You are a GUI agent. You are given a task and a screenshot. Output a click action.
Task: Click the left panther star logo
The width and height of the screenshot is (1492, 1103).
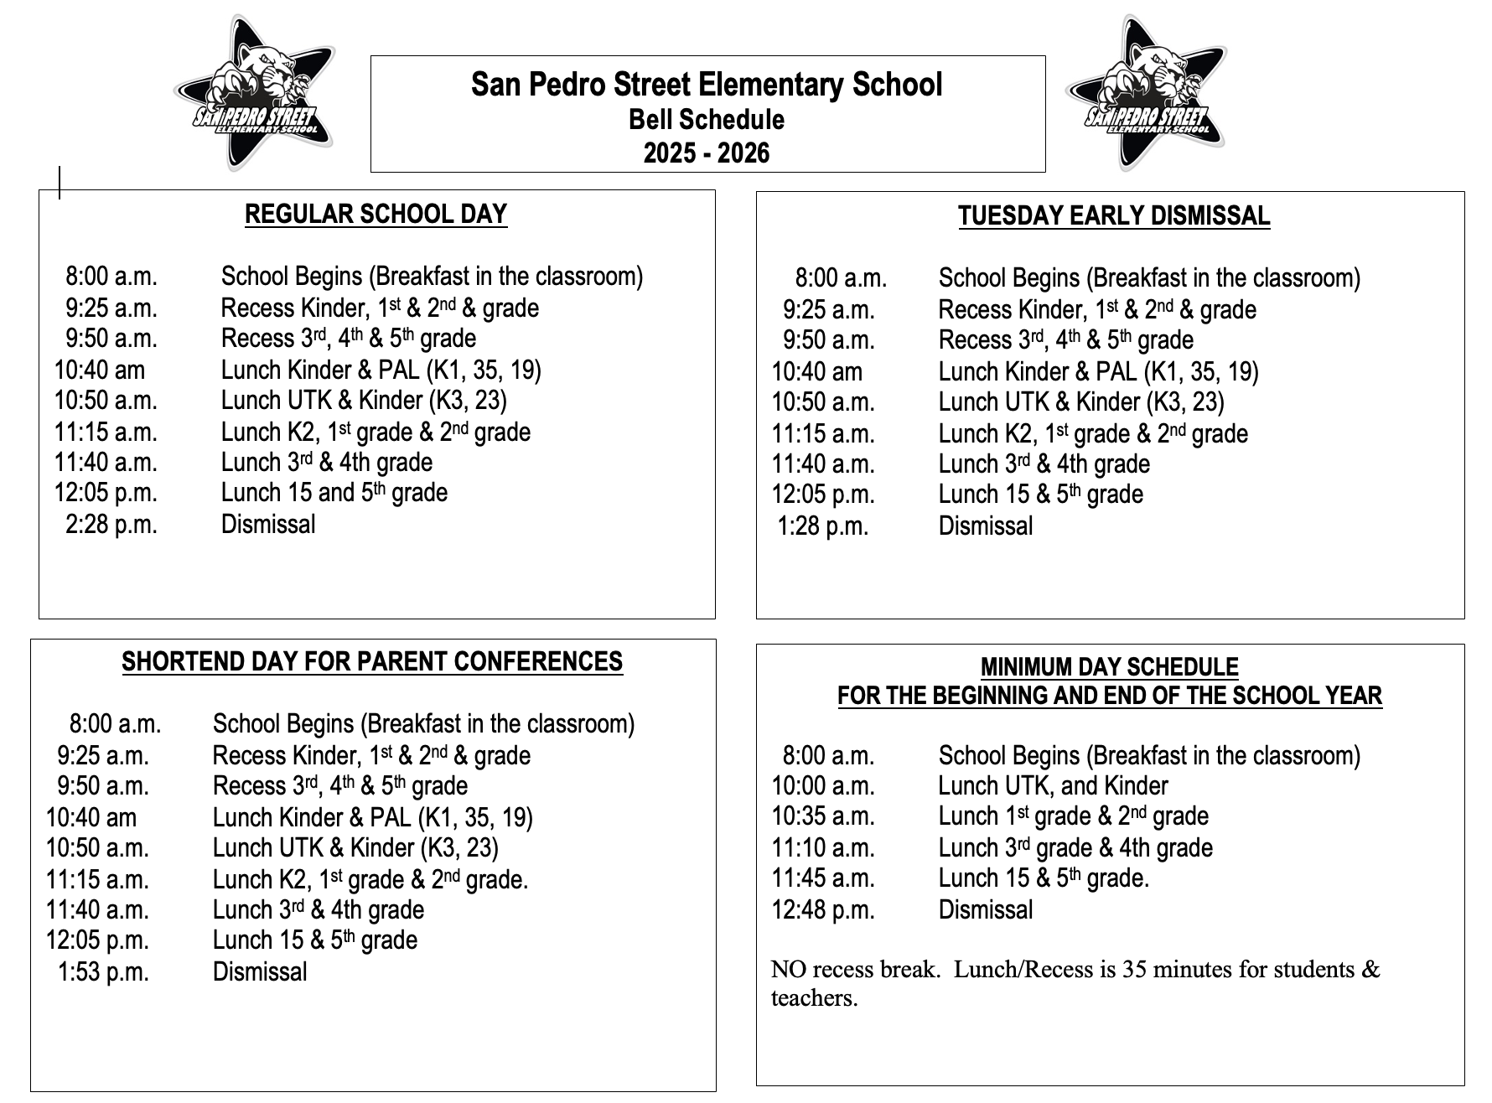[x=254, y=92]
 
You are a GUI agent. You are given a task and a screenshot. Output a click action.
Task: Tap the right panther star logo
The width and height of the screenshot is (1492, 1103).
[x=1146, y=92]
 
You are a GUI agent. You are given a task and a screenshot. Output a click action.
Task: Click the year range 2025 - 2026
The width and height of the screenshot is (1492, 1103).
[x=707, y=153]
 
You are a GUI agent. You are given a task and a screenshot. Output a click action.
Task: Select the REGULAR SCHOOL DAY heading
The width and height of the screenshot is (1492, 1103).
[x=376, y=214]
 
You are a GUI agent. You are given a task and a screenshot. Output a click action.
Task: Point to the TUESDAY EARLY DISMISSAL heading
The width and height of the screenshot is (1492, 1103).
[x=1114, y=215]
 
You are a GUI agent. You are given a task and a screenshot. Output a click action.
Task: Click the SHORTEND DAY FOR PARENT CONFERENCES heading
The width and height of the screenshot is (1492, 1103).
[x=372, y=661]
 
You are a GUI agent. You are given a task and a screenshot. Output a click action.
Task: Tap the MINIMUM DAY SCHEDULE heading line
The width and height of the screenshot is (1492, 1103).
[x=1109, y=667]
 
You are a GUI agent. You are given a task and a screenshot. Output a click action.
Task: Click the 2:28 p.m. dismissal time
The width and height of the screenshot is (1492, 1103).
[x=111, y=525]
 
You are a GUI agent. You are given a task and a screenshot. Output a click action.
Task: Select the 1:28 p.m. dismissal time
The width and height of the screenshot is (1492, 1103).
[x=822, y=526]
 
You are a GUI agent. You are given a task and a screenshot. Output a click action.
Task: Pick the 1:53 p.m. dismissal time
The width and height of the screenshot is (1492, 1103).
[x=102, y=972]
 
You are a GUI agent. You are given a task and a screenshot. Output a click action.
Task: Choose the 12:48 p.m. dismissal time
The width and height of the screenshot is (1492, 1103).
[x=822, y=910]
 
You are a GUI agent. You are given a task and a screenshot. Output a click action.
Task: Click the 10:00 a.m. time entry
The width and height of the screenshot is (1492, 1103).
[x=822, y=786]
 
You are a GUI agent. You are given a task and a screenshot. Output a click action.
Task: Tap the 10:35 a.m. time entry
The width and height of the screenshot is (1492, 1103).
[x=822, y=816]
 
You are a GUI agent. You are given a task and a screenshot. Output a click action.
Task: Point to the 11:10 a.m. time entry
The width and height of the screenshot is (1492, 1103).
[x=822, y=848]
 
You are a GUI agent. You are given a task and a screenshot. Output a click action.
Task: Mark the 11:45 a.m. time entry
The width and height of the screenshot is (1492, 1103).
[x=822, y=878]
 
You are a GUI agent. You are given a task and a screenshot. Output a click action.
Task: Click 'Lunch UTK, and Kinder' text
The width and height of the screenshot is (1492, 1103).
[x=1053, y=786]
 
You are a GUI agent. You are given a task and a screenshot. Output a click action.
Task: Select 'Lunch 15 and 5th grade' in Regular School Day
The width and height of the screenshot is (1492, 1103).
[x=334, y=493]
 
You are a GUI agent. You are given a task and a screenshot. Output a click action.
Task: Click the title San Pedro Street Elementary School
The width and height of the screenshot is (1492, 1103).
[x=707, y=85]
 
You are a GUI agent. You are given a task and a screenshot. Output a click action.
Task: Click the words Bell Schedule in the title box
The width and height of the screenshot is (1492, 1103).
[x=707, y=120]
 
